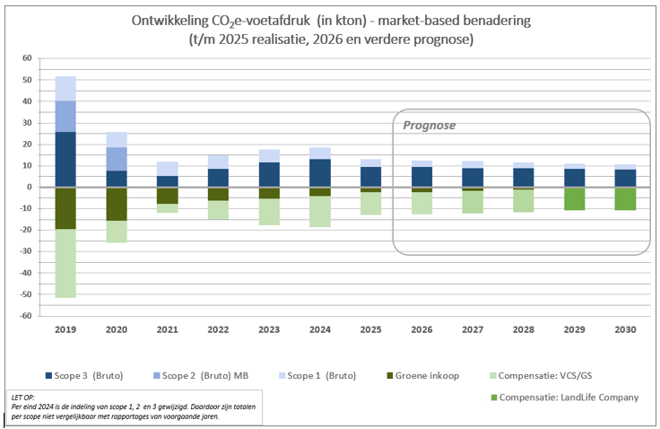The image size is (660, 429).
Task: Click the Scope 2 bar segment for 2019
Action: coord(65,117)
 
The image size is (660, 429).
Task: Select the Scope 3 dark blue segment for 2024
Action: coord(320,173)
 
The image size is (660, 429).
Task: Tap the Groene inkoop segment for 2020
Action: coord(117,204)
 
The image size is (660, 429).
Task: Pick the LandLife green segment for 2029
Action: coord(575,198)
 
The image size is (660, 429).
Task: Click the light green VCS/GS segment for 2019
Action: coord(65,263)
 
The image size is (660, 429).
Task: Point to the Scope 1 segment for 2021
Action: coord(168,169)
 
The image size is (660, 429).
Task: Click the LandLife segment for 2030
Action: coord(626,198)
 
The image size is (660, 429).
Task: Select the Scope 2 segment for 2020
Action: coord(117,159)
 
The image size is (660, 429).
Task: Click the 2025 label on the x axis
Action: coord(371,329)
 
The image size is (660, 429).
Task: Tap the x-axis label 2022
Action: coord(218,329)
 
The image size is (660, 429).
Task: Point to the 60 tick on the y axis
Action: coord(27,58)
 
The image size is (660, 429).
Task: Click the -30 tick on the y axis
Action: coord(25,251)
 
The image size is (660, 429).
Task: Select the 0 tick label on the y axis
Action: coord(30,187)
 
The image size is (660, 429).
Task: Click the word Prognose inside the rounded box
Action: coord(430,126)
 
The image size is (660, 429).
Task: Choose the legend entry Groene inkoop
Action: coord(423,375)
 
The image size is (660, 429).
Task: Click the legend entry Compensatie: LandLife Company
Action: coord(565,398)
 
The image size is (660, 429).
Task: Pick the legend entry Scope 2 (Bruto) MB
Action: coord(201,375)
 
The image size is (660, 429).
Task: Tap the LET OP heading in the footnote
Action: coord(23,398)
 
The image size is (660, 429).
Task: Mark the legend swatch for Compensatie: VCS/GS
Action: coord(494,375)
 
